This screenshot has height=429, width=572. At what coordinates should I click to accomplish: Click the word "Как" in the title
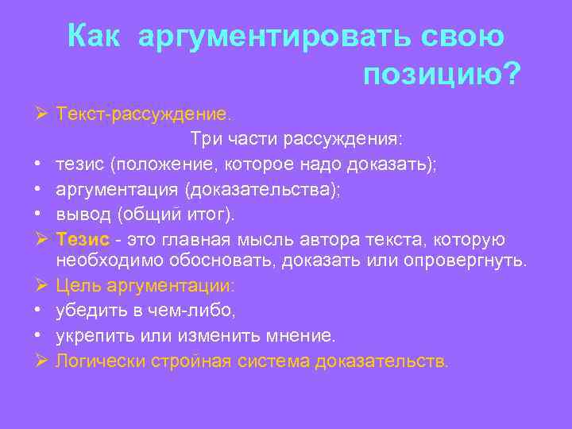coord(95,35)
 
